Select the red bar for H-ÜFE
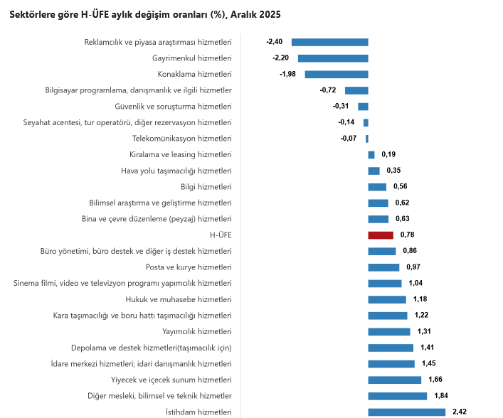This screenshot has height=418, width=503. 381,235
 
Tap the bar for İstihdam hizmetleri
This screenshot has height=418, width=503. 406,412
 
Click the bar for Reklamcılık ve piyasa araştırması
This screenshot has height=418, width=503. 330,43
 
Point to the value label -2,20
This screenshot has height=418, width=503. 280,58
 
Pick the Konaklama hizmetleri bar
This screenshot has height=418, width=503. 337,75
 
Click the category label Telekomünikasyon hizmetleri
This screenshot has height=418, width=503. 182,139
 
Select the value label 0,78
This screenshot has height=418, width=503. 408,235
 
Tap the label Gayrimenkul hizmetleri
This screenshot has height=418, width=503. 192,58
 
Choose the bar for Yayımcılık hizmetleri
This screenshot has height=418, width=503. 389,331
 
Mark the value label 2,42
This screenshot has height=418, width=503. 460,412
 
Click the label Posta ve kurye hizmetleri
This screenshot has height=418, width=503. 189,267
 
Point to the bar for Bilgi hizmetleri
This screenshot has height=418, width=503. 377,187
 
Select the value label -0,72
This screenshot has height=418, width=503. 328,90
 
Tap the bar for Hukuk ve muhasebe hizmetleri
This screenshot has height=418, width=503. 387,299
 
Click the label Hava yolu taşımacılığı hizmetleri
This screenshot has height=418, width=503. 176,171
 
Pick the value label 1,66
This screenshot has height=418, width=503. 435,380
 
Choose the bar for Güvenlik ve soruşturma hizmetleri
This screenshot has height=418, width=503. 363,107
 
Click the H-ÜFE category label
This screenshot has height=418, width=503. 221,235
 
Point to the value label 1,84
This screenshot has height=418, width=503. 441,395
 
